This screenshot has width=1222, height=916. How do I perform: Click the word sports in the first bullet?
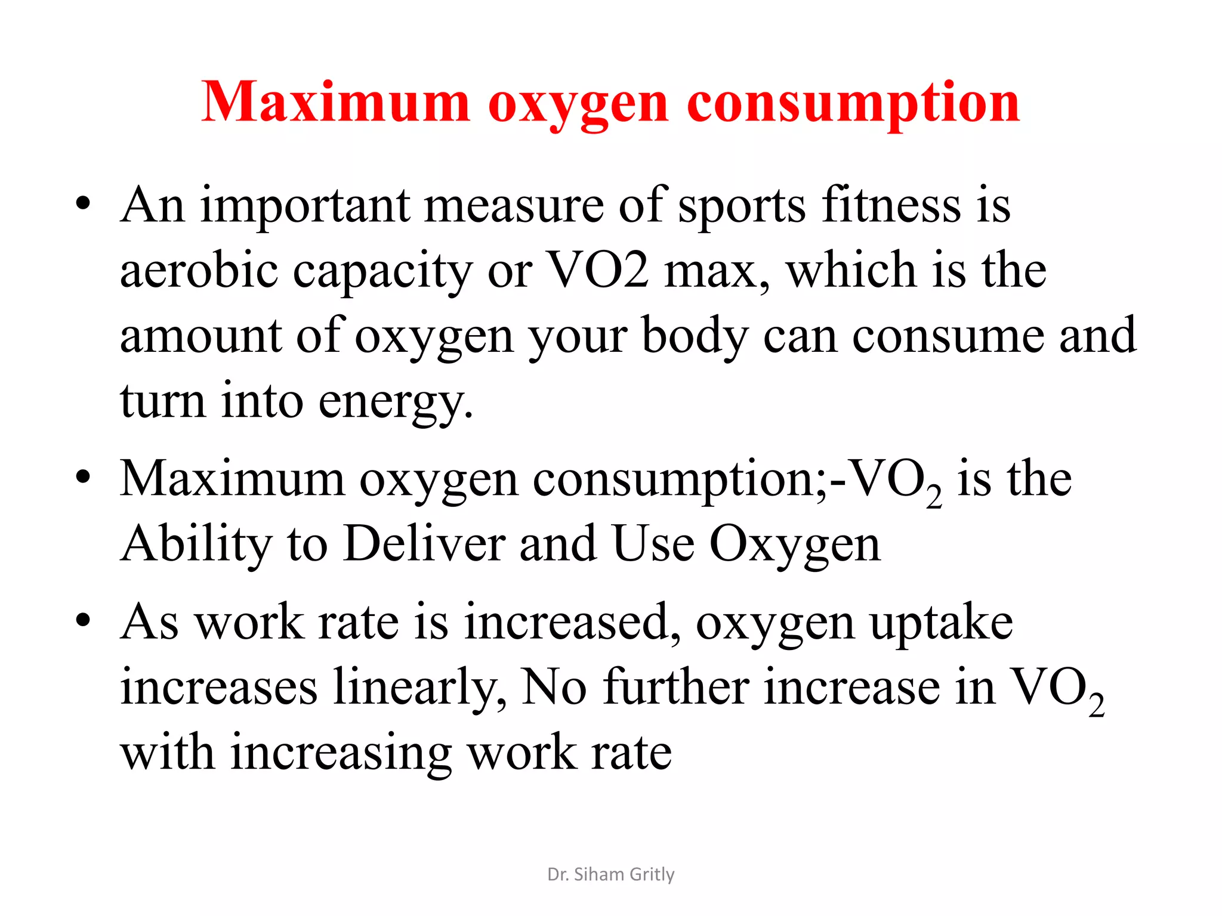coord(742,206)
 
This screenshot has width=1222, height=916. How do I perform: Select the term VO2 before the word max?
coord(597,270)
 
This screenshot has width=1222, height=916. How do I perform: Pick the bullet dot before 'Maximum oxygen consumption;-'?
coord(84,476)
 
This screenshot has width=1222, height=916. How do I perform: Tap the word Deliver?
coord(424,543)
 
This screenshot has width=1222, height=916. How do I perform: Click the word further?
coord(676,687)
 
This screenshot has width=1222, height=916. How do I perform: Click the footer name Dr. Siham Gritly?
coord(610,874)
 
